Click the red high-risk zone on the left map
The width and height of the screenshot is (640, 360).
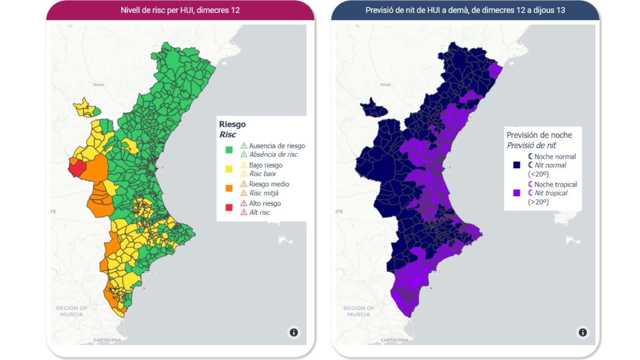click(x=77, y=166)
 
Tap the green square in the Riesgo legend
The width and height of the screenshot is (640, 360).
click(x=229, y=150)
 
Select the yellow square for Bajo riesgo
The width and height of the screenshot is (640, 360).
click(x=229, y=169)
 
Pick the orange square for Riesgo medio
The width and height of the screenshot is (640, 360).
click(x=229, y=188)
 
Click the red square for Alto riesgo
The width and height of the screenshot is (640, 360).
click(x=229, y=207)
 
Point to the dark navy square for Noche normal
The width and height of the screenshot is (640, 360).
click(x=516, y=165)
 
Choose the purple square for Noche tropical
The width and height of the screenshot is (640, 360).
click(x=516, y=193)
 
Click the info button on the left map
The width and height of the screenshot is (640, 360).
click(x=294, y=332)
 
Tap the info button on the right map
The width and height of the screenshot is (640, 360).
click(x=582, y=332)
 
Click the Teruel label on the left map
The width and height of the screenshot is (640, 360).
click(x=98, y=85)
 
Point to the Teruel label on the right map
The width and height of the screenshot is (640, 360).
click(x=385, y=85)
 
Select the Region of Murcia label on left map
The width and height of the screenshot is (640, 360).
click(x=72, y=311)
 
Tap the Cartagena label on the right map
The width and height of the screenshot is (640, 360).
click(x=394, y=340)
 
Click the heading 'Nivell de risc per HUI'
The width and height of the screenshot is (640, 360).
click(x=180, y=10)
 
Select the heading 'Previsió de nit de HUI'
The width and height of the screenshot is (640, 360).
click(x=465, y=10)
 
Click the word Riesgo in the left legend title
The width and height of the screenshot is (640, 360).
click(x=232, y=124)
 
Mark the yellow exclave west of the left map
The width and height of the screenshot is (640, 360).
click(x=85, y=108)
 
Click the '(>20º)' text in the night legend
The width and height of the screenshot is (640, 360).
click(x=538, y=202)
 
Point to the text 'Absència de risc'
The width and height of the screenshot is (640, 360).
click(x=273, y=154)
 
